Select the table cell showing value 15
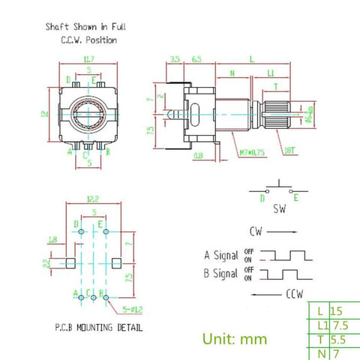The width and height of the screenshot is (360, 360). tap(337, 309)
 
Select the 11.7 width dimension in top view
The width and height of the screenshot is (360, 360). tap(88, 58)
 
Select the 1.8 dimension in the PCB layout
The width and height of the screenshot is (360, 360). tap(52, 240)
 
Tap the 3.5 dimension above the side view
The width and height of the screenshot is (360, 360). tap(174, 57)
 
